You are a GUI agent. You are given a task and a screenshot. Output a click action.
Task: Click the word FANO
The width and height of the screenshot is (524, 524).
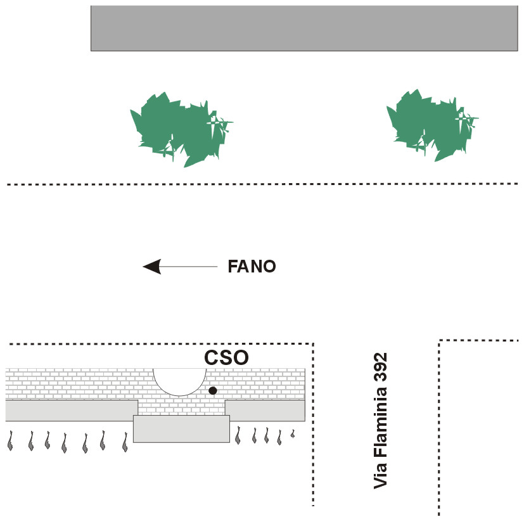[x=252, y=267]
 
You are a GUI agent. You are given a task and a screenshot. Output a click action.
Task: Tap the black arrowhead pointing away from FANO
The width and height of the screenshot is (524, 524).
[x=152, y=267]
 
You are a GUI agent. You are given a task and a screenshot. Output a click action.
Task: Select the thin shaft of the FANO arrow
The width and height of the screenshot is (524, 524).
[x=190, y=267]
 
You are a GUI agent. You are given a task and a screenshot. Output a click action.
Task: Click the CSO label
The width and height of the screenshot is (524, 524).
[x=226, y=357]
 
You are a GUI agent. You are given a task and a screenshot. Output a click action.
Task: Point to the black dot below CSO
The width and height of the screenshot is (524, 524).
[x=214, y=390]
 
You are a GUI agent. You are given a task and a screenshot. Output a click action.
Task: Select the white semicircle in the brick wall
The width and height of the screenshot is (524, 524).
[x=180, y=380]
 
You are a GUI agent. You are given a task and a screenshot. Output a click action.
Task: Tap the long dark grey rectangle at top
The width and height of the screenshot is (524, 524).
[x=304, y=28]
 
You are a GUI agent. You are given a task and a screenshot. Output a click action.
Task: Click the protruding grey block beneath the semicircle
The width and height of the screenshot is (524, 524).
[x=181, y=428]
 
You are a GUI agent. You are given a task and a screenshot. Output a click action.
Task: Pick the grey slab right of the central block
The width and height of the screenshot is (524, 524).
[x=265, y=410]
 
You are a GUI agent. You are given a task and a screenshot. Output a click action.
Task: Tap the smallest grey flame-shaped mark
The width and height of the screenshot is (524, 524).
[x=293, y=434]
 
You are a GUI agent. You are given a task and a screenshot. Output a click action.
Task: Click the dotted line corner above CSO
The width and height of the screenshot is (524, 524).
[x=313, y=344]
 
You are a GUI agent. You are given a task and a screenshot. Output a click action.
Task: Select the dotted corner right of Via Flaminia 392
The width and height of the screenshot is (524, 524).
[x=440, y=341]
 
